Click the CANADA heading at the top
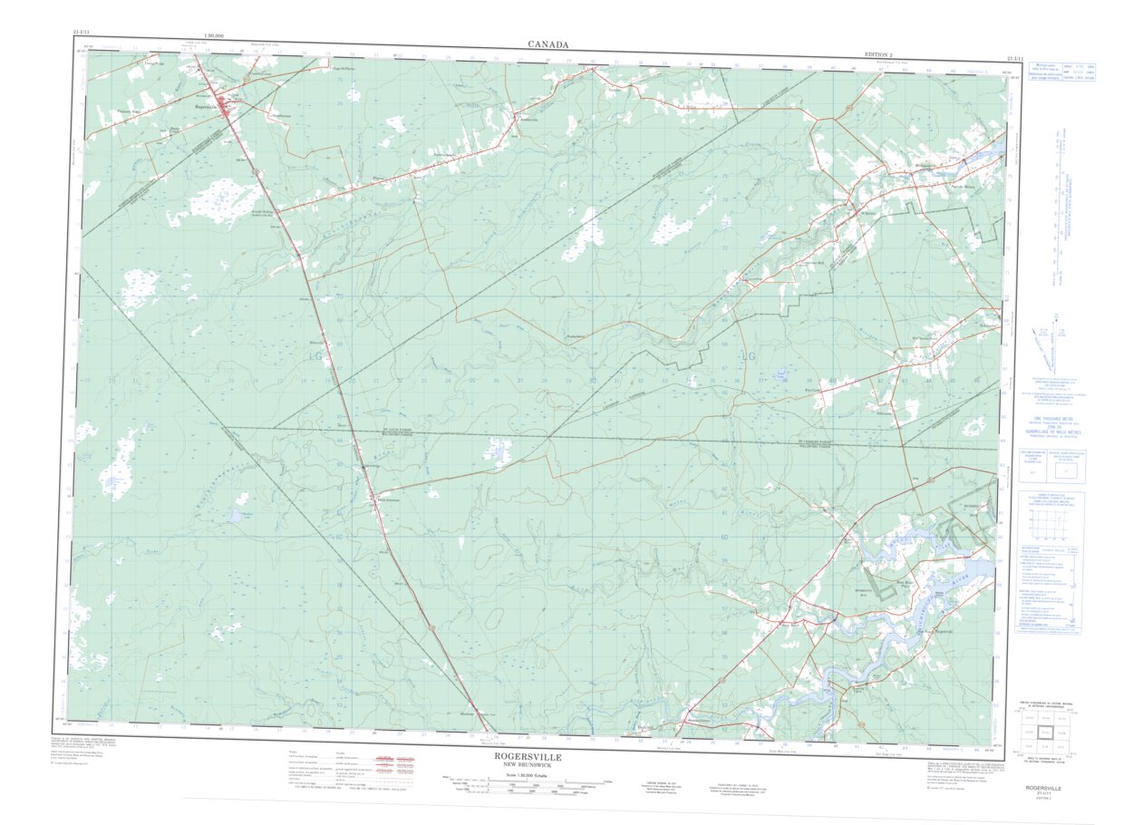[548, 44]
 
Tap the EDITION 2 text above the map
[884, 55]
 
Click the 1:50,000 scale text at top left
[215, 35]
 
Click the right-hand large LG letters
[748, 356]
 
